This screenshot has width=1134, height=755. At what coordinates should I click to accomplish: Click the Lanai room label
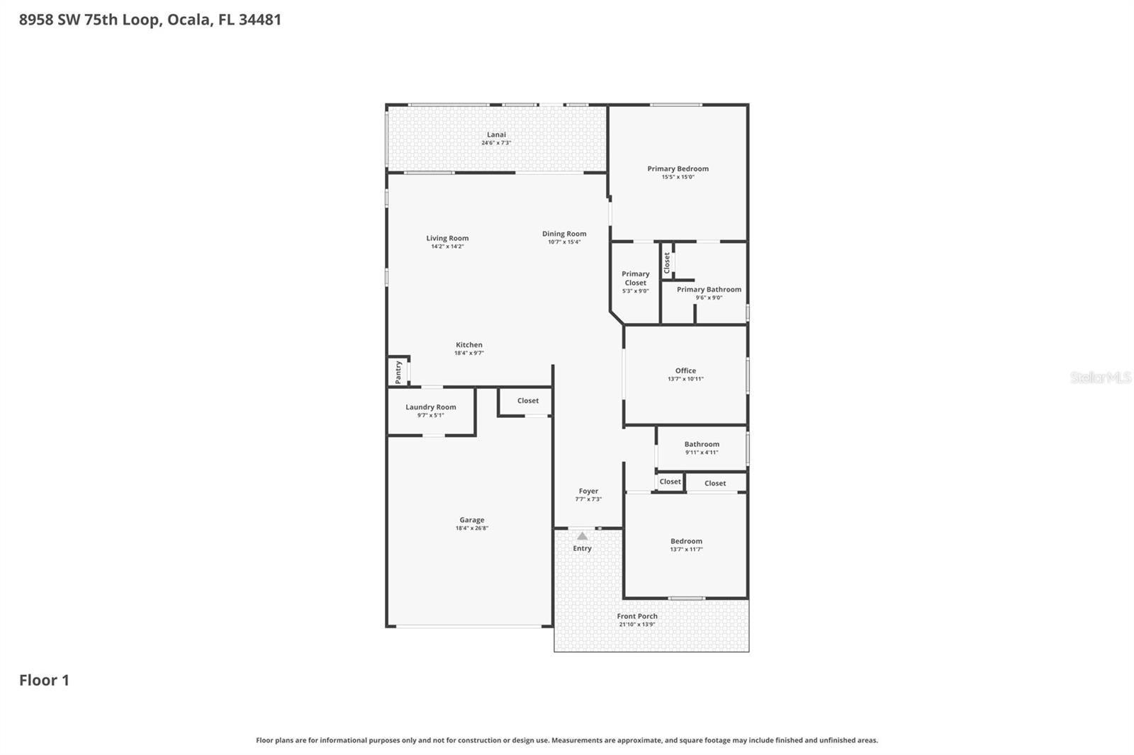point(496,135)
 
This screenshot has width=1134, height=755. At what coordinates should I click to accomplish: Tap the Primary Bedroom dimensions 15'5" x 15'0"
point(678,177)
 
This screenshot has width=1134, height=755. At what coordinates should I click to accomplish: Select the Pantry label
point(398,373)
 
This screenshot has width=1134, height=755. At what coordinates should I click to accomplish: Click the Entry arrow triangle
point(582,536)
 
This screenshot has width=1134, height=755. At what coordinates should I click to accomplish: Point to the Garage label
point(471,520)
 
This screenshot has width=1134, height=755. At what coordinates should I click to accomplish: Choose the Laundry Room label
point(430,407)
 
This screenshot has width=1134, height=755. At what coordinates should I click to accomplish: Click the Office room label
point(685,370)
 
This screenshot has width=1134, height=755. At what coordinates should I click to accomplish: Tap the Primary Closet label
point(635,278)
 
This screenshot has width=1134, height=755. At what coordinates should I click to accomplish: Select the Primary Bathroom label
point(709,290)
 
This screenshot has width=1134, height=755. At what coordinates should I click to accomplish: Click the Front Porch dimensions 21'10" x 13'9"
point(636,625)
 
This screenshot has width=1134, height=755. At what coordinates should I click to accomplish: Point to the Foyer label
point(588,491)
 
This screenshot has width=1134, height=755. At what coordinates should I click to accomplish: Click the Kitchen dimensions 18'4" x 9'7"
point(468,353)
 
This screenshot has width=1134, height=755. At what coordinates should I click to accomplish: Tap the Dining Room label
point(564,234)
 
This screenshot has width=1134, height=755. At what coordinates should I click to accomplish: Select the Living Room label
point(447,239)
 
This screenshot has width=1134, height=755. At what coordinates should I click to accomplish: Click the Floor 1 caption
point(44,681)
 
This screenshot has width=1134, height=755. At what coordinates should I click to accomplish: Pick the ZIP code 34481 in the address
point(259,20)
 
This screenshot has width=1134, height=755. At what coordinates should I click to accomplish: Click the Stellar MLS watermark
point(1100,377)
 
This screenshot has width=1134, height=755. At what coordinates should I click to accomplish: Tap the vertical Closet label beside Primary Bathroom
point(667,263)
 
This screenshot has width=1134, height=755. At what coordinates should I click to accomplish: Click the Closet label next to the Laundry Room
point(527,401)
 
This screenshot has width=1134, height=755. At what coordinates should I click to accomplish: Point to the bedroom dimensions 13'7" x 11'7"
point(686,550)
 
